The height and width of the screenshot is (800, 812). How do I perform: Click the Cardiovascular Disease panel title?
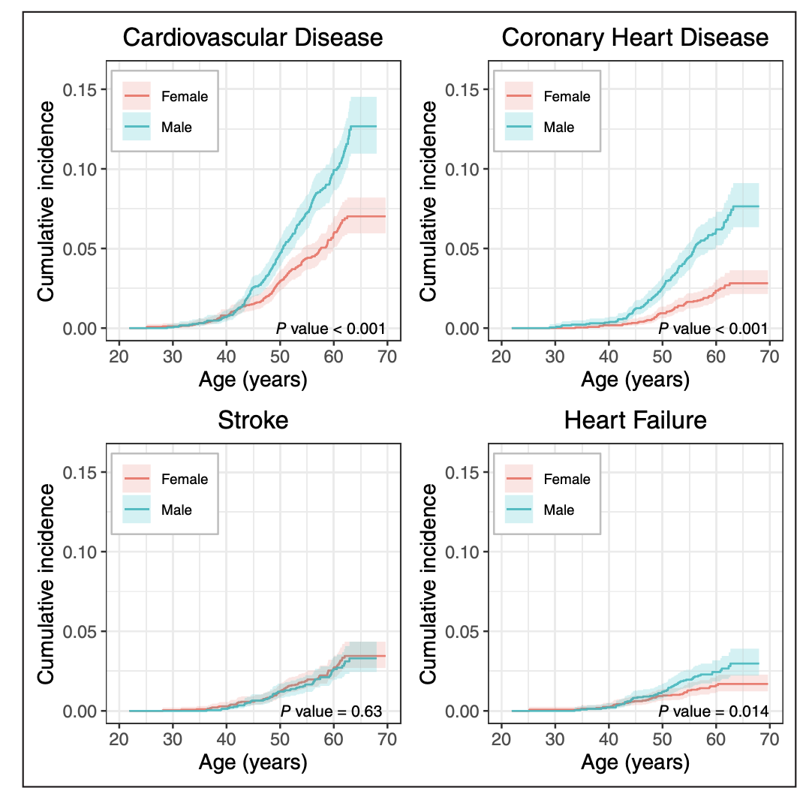[252, 38]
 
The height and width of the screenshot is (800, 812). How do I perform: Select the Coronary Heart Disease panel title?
[635, 38]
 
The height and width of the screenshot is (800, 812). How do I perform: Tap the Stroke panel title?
[253, 420]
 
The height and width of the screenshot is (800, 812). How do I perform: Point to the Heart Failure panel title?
[635, 420]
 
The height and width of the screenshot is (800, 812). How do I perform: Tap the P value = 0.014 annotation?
[713, 711]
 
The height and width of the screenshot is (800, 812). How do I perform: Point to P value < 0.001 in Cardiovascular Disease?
[331, 328]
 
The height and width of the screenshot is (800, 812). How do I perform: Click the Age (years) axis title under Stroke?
[253, 763]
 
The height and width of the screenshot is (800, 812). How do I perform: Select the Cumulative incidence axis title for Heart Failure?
[429, 584]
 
